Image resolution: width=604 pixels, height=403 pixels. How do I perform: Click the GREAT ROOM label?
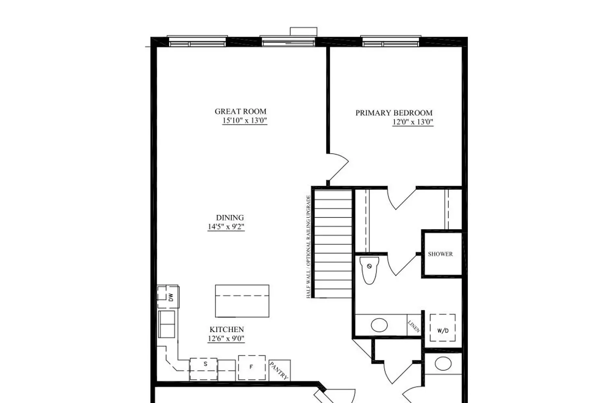(240, 112)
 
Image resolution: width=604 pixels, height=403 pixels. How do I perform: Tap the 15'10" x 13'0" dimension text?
(245, 120)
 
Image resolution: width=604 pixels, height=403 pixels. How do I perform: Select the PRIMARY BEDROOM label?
(394, 113)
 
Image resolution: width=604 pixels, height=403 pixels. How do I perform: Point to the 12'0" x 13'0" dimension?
(413, 122)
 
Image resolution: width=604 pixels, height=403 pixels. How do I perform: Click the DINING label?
(230, 218)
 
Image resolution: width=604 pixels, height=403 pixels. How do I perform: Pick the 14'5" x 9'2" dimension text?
(226, 227)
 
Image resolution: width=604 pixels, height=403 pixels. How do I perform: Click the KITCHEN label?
(227, 330)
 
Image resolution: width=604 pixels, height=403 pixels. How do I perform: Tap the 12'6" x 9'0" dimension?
(226, 339)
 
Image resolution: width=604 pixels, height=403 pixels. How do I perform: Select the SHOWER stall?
(441, 254)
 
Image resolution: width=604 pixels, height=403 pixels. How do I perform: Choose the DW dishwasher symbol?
(168, 297)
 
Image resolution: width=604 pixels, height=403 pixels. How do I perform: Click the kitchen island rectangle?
(242, 301)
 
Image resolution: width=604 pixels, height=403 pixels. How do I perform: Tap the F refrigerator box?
(252, 367)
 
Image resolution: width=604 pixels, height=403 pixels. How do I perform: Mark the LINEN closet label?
(414, 326)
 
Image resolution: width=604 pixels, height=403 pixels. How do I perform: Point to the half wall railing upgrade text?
(308, 247)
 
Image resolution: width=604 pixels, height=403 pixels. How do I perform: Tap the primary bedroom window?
(391, 42)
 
